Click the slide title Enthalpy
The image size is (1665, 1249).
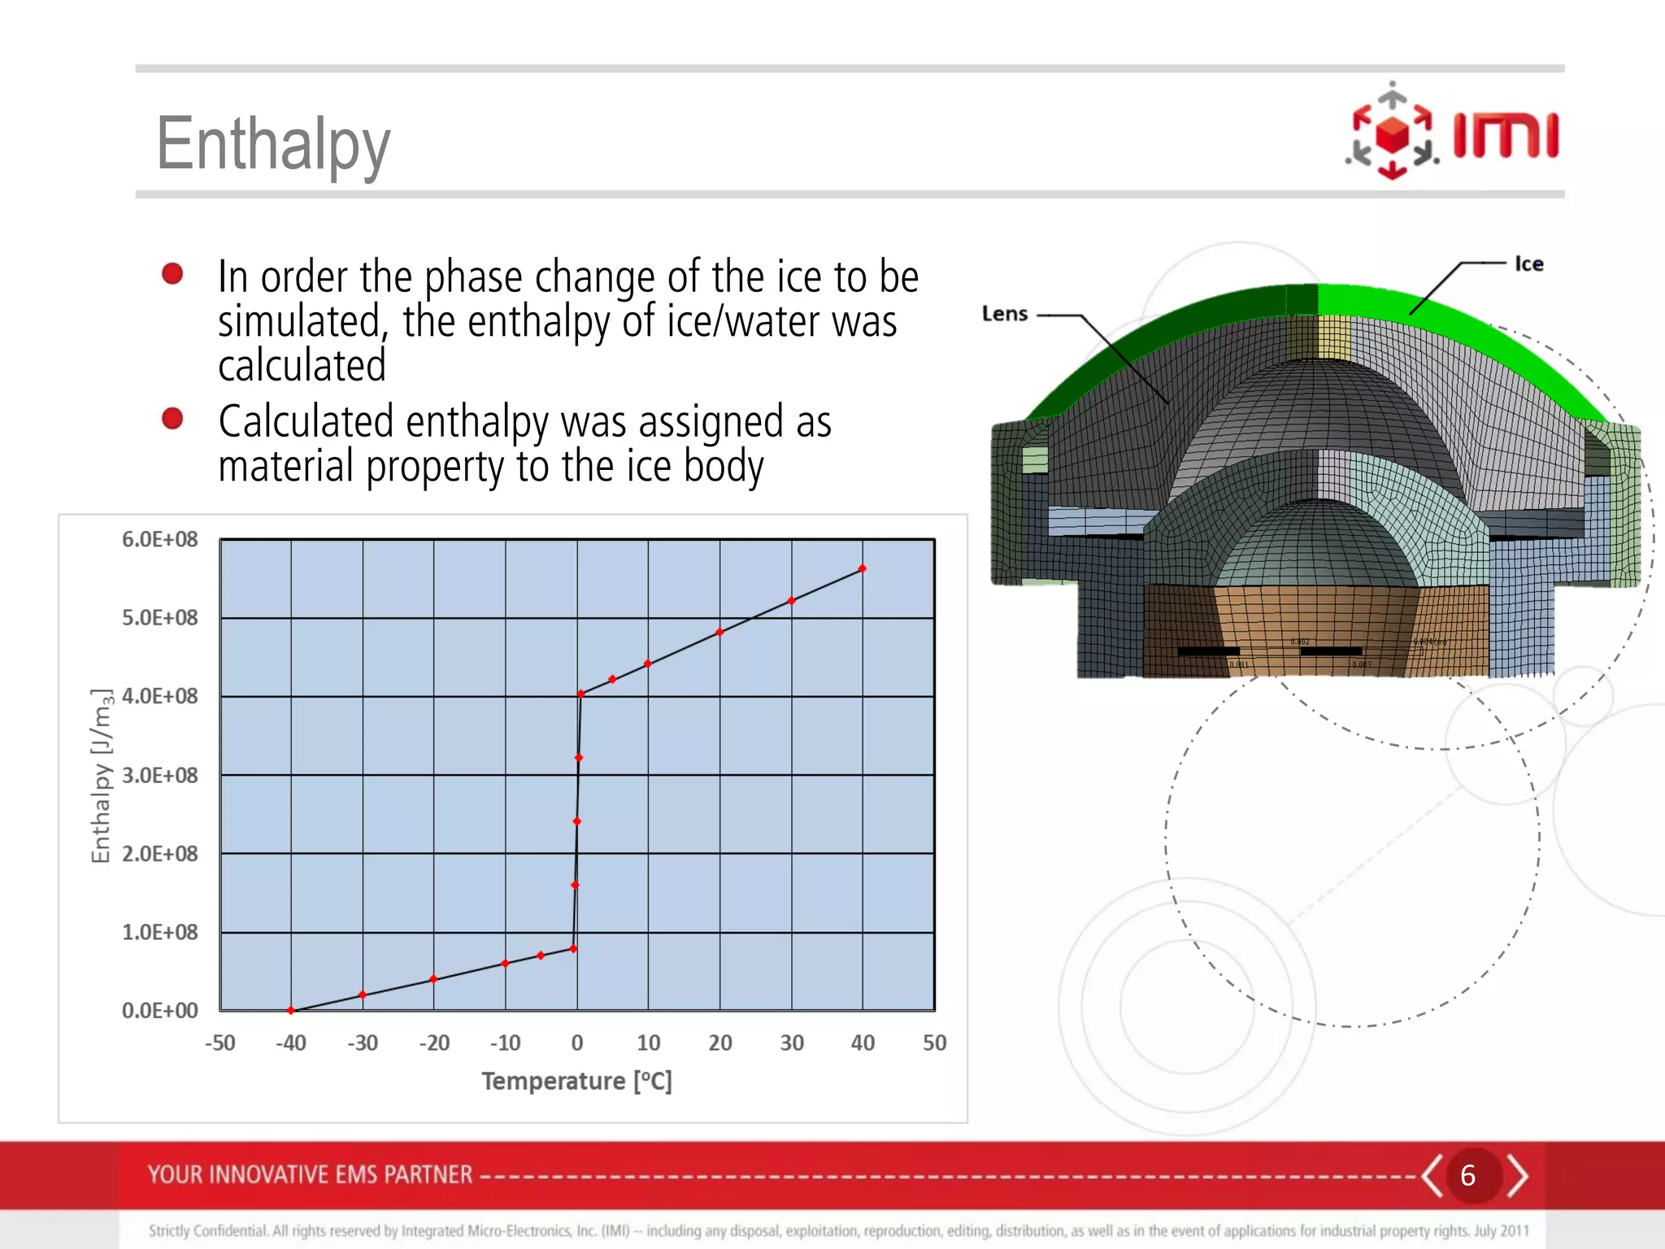273,145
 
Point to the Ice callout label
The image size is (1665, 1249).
1528,263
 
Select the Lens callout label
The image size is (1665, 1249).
1005,314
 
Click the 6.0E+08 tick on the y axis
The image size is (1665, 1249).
159,539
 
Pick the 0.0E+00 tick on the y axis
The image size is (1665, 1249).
159,1011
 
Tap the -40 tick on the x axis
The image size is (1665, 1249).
290,1042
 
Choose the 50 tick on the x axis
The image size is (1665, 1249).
934,1042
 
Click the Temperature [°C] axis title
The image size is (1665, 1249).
576,1081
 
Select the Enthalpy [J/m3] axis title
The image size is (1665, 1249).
101,775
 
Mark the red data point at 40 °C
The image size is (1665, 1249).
863,569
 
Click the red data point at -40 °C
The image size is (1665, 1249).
291,1010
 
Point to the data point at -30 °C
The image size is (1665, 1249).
363,994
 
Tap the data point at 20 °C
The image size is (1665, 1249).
719,632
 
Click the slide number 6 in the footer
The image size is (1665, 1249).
1467,1175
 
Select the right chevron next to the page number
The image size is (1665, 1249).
1517,1175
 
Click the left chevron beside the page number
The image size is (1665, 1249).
1432,1175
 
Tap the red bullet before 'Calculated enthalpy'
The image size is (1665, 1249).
172,419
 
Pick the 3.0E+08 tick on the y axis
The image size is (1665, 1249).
159,775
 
